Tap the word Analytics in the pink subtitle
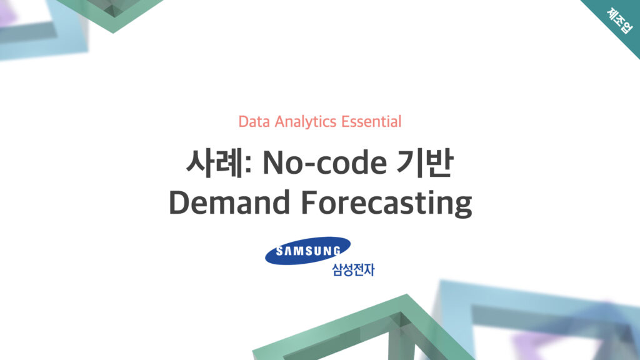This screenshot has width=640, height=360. (305, 122)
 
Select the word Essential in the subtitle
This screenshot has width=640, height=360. (371, 122)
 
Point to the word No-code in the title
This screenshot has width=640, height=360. (324, 163)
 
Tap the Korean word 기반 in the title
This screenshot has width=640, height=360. (424, 163)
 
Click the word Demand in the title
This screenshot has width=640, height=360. (229, 202)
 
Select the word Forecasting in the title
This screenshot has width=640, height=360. (386, 203)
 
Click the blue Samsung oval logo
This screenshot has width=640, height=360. (307, 251)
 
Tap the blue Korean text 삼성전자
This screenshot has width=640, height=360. (353, 270)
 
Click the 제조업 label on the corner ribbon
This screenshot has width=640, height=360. (619, 21)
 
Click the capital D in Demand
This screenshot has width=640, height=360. (179, 202)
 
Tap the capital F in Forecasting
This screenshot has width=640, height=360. (309, 202)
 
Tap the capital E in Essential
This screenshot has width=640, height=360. (346, 122)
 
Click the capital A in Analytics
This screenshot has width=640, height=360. (280, 122)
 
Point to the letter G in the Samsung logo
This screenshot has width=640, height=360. (336, 251)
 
